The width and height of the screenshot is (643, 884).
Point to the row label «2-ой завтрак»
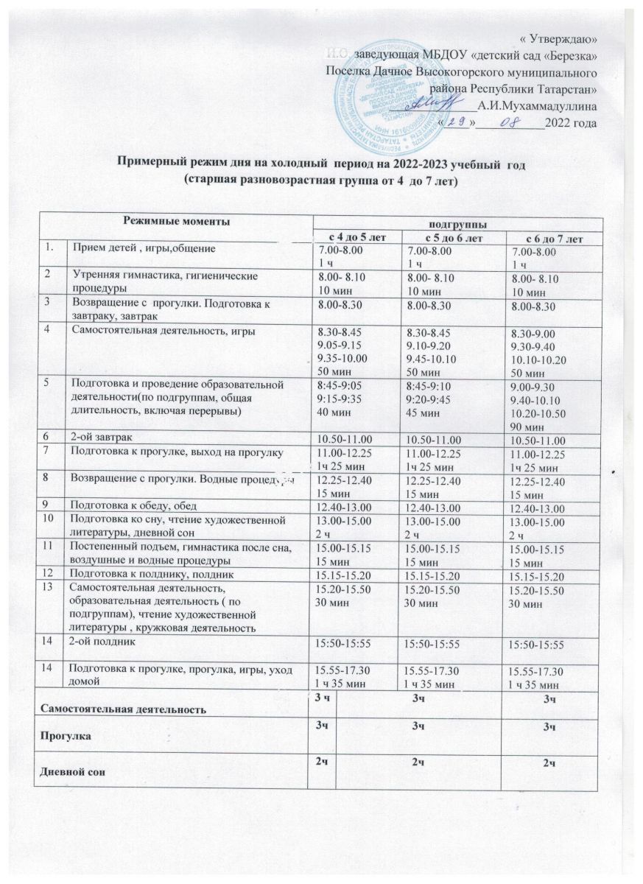(x=100, y=436)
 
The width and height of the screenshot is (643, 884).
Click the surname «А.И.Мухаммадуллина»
(x=537, y=106)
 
